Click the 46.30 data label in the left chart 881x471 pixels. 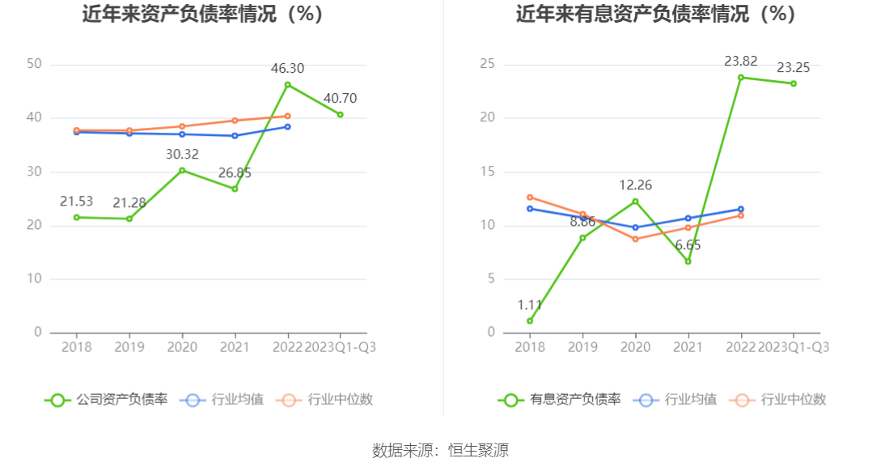[287, 70]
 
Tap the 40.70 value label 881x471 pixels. [340, 99]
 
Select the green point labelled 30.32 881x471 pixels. [182, 170]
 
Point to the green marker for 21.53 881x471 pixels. [77, 217]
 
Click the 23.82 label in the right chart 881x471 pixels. [741, 62]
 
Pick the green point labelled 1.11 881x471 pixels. [530, 320]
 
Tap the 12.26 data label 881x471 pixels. [635, 185]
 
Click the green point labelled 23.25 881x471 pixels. [794, 83]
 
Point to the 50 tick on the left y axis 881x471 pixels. [34, 65]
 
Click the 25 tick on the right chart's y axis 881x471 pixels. [487, 65]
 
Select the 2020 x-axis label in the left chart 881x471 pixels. [182, 347]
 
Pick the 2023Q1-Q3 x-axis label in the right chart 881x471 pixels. [793, 347]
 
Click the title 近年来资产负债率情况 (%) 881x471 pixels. [202, 15]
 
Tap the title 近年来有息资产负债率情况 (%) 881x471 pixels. [655, 15]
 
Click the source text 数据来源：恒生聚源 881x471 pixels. [440, 451]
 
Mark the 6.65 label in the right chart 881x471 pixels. [688, 244]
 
